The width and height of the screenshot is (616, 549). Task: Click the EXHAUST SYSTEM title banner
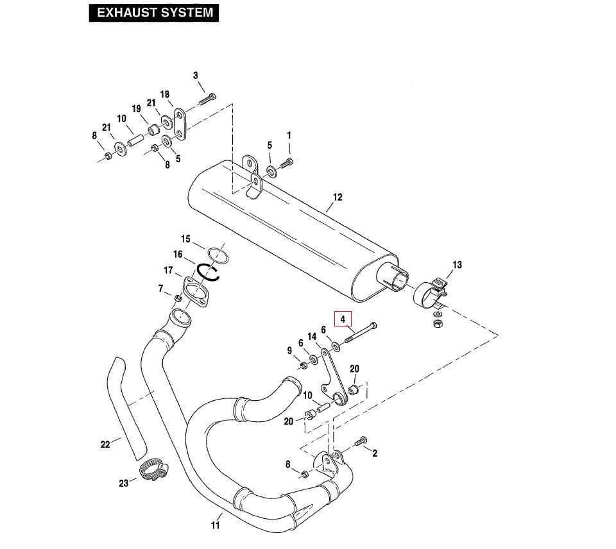(x=154, y=13)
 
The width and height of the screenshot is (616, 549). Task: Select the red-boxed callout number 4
(x=343, y=319)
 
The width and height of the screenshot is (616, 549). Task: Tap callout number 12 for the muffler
(x=338, y=197)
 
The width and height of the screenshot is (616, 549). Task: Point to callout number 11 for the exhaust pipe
(x=216, y=525)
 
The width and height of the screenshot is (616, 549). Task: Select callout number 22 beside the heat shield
(x=105, y=444)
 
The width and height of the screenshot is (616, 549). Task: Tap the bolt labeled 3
(x=207, y=99)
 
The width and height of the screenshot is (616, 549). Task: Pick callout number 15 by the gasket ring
(x=185, y=239)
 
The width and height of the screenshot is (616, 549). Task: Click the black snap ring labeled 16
(x=209, y=272)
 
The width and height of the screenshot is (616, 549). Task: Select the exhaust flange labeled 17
(x=194, y=292)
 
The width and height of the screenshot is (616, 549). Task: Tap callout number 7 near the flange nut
(x=161, y=289)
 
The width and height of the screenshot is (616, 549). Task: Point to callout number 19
(x=136, y=109)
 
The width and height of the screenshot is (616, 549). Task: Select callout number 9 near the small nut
(x=289, y=351)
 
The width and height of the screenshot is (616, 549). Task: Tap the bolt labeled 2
(x=361, y=441)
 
